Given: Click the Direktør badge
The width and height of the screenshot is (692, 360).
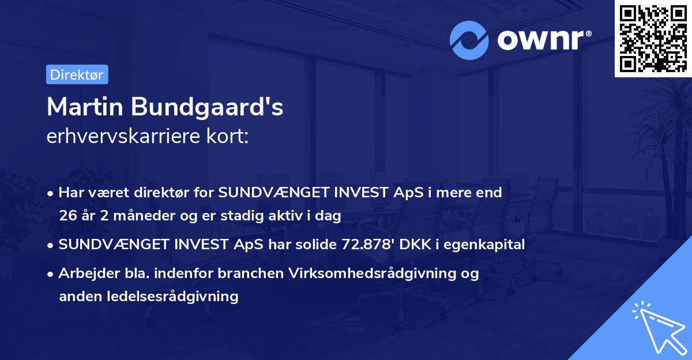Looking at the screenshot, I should [x=77, y=74].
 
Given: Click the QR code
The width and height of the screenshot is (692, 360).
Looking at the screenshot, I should [x=653, y=38].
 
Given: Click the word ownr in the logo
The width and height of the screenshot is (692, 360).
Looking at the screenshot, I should [x=540, y=40].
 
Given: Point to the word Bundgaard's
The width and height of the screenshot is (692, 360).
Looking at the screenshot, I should [x=208, y=108].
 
